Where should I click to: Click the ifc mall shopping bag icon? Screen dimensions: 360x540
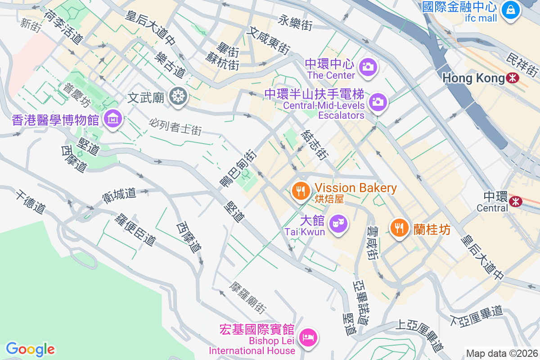(x=511, y=9)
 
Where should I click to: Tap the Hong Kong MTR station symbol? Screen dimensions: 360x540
(x=512, y=78)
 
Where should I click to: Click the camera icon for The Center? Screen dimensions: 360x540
(x=368, y=67)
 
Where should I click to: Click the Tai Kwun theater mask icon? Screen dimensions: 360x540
(x=338, y=223)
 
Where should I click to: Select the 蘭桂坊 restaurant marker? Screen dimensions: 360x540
(x=399, y=227)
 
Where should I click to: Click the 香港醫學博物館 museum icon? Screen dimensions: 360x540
(x=112, y=119)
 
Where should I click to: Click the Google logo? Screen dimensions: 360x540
(x=30, y=349)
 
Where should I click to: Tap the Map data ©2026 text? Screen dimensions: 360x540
(x=501, y=354)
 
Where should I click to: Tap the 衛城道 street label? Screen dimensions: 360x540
(x=119, y=193)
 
